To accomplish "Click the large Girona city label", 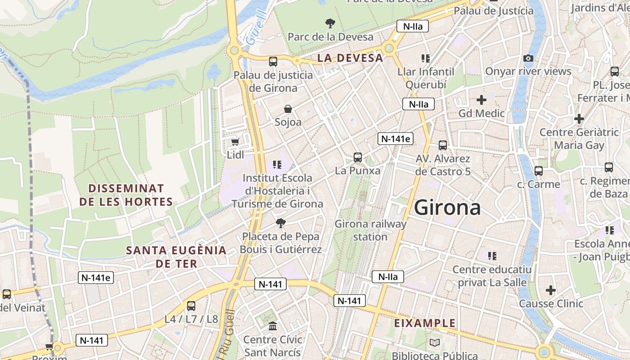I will pos(447,208).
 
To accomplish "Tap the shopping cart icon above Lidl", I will pos(235,142).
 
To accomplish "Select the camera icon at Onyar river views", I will pos(528,58).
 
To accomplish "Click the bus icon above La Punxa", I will pos(358,157).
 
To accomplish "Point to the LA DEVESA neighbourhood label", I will pos(350,58).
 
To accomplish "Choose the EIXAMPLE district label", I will pos(425,323).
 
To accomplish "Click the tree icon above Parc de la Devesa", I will pos(330,23).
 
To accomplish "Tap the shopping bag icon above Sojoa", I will pos(288,109).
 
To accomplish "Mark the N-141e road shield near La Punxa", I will pos(396,139).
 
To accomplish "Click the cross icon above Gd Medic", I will pos(481,99).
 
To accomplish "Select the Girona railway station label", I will pos(370,230).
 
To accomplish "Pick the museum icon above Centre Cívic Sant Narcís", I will pos(273,326).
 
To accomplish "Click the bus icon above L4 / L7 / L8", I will pos(191,306).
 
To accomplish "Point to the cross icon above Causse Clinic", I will pos(550,290).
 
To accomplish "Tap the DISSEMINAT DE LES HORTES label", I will pos(126,195).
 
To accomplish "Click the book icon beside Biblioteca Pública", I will pos(434,343).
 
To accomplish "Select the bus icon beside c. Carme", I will pos(539,171).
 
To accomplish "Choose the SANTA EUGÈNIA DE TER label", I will pos(176,256).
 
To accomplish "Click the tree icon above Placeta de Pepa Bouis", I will pos(281,223).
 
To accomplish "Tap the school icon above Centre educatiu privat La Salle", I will pos(492,256).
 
